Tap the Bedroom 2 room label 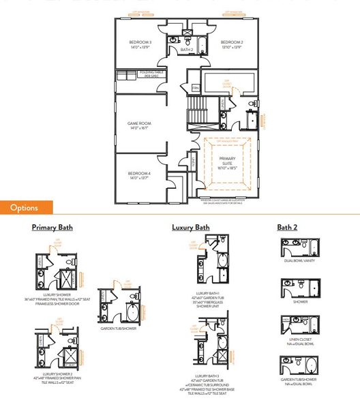(x=232, y=45)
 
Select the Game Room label (x=139, y=126)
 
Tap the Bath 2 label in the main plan (x=187, y=50)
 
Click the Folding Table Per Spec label (x=152, y=74)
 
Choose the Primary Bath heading (x=52, y=227)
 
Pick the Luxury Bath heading (x=190, y=227)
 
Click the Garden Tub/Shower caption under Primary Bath (x=117, y=327)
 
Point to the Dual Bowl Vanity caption (x=298, y=260)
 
